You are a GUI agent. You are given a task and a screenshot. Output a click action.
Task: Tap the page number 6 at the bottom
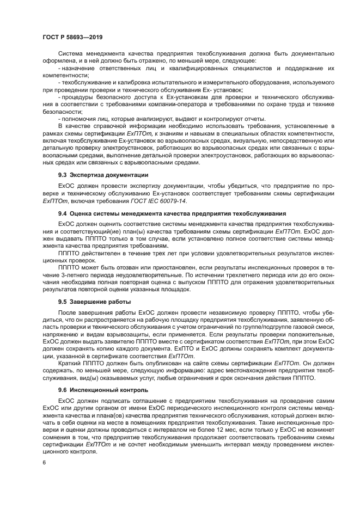pyautogui.click(x=44, y=462)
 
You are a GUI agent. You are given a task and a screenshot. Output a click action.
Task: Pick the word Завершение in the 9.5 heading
pyautogui.click(x=90, y=301)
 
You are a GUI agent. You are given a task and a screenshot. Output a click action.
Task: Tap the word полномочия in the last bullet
pyautogui.click(x=78, y=119)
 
